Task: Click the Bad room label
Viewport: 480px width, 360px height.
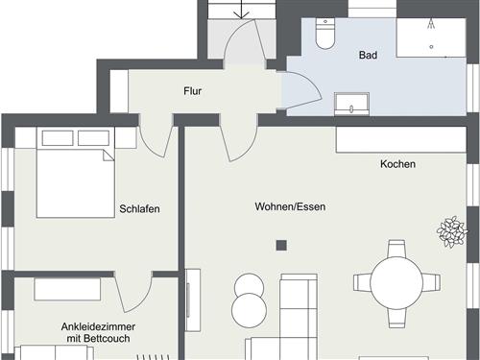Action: tap(368, 56)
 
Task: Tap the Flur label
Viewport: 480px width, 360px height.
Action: tap(192, 92)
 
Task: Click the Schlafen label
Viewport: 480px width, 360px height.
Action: tap(139, 209)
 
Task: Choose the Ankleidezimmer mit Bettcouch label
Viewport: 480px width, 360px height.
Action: tap(98, 333)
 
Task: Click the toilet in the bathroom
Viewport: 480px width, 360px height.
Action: tap(325, 36)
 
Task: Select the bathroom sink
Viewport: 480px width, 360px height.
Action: tap(352, 103)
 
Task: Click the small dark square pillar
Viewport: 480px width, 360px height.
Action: tap(281, 245)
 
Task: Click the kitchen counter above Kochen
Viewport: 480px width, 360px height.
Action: tap(400, 140)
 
